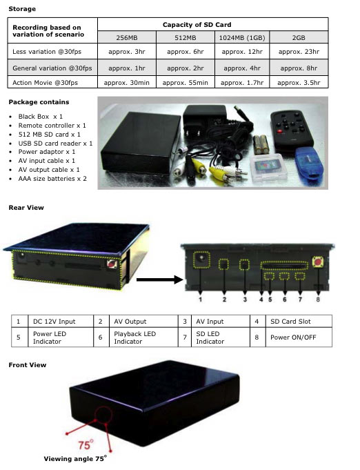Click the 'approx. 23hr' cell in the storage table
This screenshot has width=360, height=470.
[299, 52]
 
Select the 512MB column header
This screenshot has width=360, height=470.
[186, 38]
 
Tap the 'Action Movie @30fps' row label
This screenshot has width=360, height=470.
[46, 83]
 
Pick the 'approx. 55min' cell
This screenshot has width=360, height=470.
[185, 83]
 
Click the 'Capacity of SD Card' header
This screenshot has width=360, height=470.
[197, 25]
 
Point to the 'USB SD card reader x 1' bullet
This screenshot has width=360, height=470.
[55, 144]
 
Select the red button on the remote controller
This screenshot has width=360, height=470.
[280, 131]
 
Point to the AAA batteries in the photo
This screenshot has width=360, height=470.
[260, 144]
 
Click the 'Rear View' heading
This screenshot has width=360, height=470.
[26, 208]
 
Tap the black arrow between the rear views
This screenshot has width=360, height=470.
[159, 280]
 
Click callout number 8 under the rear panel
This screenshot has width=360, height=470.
[318, 299]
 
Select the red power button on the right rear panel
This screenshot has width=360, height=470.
[317, 262]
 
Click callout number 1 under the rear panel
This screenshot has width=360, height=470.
[201, 299]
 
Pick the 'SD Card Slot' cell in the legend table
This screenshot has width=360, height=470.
[290, 322]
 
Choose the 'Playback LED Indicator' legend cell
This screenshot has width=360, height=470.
[134, 337]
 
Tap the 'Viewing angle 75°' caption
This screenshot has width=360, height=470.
[75, 458]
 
